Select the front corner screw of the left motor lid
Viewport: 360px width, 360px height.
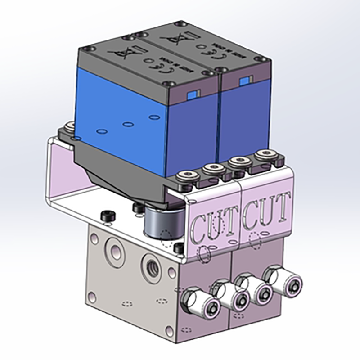point(169,83)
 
